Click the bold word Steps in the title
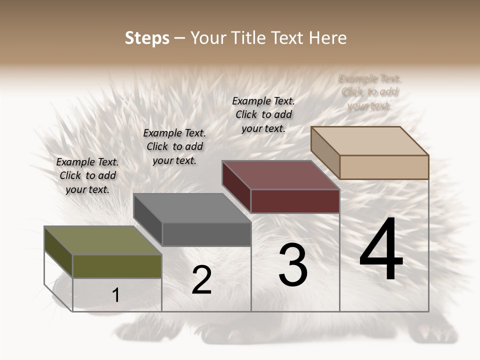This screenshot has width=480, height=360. click(147, 38)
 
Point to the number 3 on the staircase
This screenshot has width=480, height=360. click(293, 265)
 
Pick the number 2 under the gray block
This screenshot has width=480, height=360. click(201, 280)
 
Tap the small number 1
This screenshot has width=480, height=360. click(116, 295)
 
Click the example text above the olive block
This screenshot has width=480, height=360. click(87, 175)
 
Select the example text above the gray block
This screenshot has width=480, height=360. click(174, 146)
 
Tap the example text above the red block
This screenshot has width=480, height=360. click(263, 114)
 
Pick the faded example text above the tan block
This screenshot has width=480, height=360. click(369, 92)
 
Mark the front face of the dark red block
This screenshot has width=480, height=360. click(295, 201)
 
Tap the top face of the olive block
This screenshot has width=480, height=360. click(102, 240)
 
